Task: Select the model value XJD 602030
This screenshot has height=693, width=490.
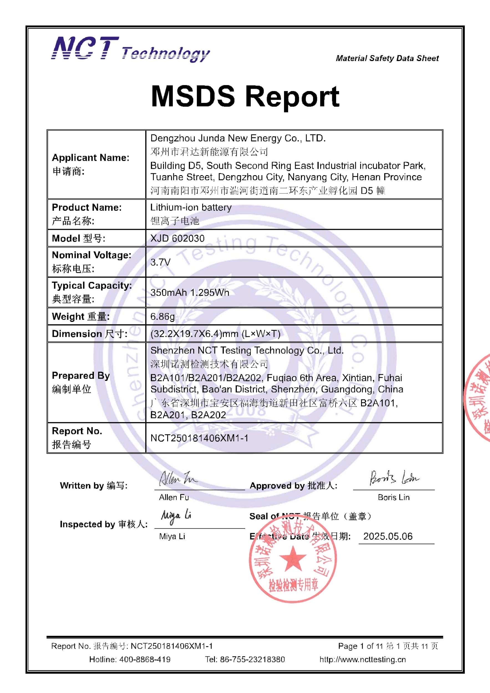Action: point(177,238)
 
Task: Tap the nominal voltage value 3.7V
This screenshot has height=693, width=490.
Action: point(160,262)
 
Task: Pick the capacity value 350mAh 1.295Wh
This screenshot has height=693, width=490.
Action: point(190,292)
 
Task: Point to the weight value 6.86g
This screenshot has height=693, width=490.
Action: point(163,316)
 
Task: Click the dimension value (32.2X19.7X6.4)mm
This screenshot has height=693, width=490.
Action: point(215,333)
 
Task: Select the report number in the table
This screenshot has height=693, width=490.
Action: point(199,438)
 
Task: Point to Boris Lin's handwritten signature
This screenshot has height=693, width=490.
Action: point(394,478)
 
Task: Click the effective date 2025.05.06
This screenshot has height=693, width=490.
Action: point(388,536)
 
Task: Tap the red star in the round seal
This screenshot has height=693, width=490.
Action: point(293,557)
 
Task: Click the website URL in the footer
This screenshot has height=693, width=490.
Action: point(363,659)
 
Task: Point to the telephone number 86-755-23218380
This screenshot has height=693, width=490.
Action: point(252,659)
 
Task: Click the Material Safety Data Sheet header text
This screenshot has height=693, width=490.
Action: point(387,58)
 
